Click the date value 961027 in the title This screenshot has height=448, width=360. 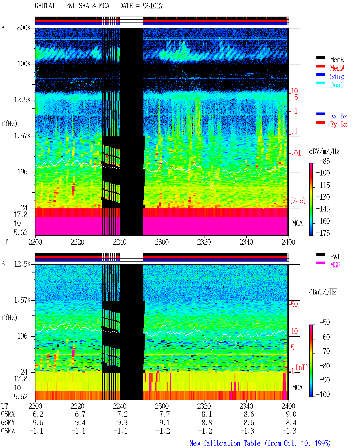tap(153, 6)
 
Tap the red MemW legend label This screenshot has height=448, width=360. tap(337, 68)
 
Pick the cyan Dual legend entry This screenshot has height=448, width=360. tap(336, 85)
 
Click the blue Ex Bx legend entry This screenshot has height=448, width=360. tap(338, 116)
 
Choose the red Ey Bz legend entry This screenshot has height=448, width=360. tap(338, 124)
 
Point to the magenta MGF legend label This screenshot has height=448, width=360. tap(335, 265)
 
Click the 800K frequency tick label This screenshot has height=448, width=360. tap(24, 28)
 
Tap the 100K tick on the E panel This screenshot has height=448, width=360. tap(24, 64)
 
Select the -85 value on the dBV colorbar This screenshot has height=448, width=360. tap(325, 161)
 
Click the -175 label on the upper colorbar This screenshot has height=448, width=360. tap(323, 233)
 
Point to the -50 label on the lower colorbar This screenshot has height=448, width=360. tap(325, 323)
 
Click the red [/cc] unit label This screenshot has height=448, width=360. tap(298, 201)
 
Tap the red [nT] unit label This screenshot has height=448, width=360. tap(302, 367)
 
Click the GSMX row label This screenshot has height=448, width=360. tap(8, 414)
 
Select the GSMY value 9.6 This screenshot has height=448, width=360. tap(38, 423)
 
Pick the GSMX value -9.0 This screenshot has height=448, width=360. tap(289, 414)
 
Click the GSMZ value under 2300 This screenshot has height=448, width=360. tap(163, 431)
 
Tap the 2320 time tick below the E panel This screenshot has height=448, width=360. tap(204, 242)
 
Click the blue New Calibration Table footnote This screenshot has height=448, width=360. tap(260, 443)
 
